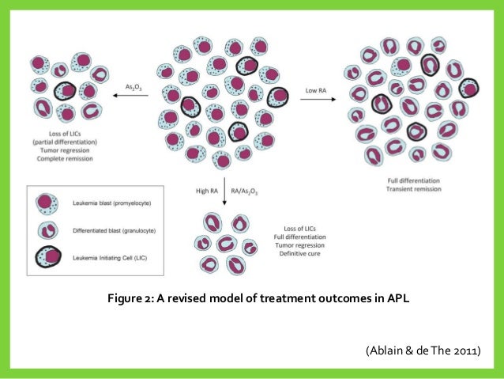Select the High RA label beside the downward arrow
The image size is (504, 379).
point(207,191)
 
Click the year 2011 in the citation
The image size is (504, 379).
point(462,349)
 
